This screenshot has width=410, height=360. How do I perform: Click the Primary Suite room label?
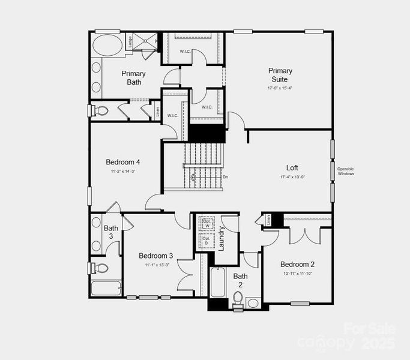point(280,75)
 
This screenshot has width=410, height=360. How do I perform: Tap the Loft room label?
point(292,168)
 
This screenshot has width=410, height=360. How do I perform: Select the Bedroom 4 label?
point(123,162)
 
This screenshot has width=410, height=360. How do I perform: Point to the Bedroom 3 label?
point(157,256)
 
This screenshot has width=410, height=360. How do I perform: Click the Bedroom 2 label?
point(297,265)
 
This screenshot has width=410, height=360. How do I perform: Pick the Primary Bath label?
point(133,78)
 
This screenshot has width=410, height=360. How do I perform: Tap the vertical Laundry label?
point(220,238)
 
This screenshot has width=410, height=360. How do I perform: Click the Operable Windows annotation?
point(346,172)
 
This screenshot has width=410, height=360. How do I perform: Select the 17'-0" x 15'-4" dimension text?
point(280,88)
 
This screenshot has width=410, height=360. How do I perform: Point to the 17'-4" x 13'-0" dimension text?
point(292,177)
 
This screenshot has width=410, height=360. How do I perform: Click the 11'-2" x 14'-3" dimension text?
point(123,172)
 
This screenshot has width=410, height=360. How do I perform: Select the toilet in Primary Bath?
point(100,111)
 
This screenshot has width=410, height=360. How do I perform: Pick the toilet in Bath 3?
point(100,268)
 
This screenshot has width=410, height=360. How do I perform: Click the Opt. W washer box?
point(206,223)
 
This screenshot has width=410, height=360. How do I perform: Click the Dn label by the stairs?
point(226,177)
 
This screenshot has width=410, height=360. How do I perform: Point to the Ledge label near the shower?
point(130,42)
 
